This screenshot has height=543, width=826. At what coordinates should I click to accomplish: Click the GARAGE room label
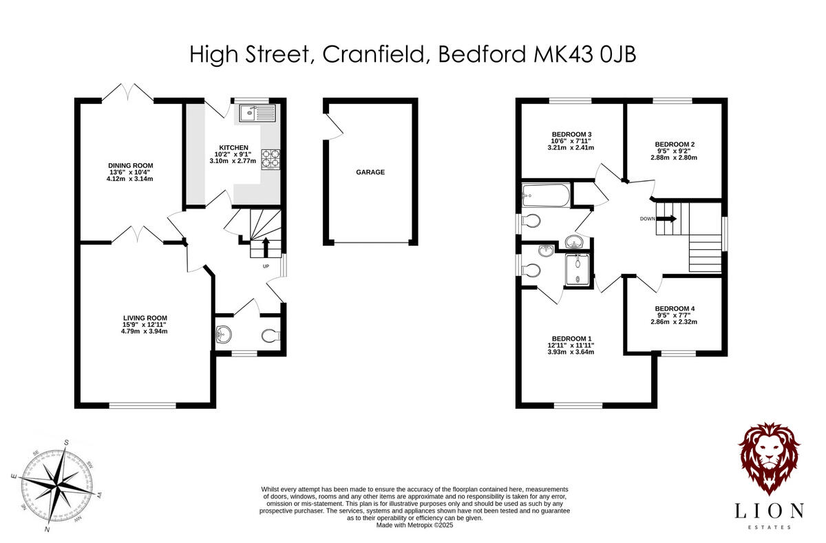370,172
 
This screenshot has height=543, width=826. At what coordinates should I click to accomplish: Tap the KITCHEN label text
233,148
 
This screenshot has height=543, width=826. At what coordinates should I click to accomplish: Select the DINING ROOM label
130,165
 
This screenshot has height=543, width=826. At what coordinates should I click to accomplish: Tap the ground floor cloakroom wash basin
224,335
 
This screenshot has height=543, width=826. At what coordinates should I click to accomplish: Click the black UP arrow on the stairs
266,244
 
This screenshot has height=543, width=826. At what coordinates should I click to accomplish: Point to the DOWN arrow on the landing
666,219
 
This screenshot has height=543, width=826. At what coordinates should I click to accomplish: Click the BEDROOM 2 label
675,145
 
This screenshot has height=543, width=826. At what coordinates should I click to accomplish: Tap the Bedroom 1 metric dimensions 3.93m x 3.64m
571,352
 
